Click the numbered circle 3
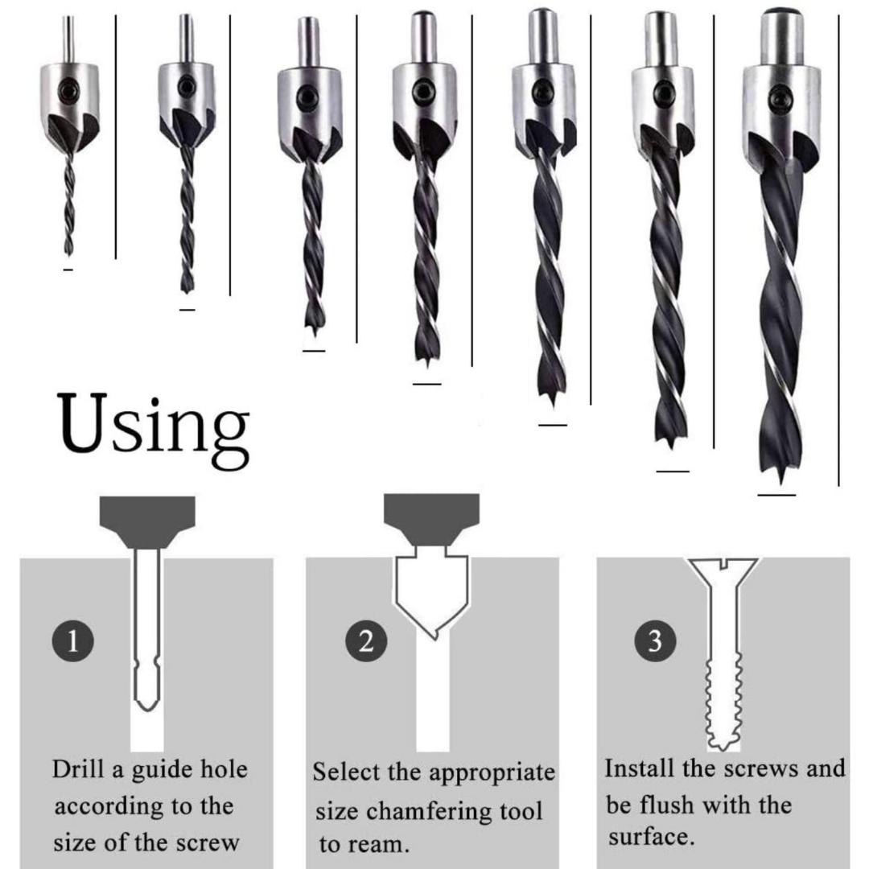pyautogui.click(x=655, y=641)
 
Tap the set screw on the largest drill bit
pyautogui.click(x=778, y=98)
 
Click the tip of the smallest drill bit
pyautogui.click(x=68, y=253)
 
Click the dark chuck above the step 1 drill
pyautogui.click(x=146, y=519)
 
